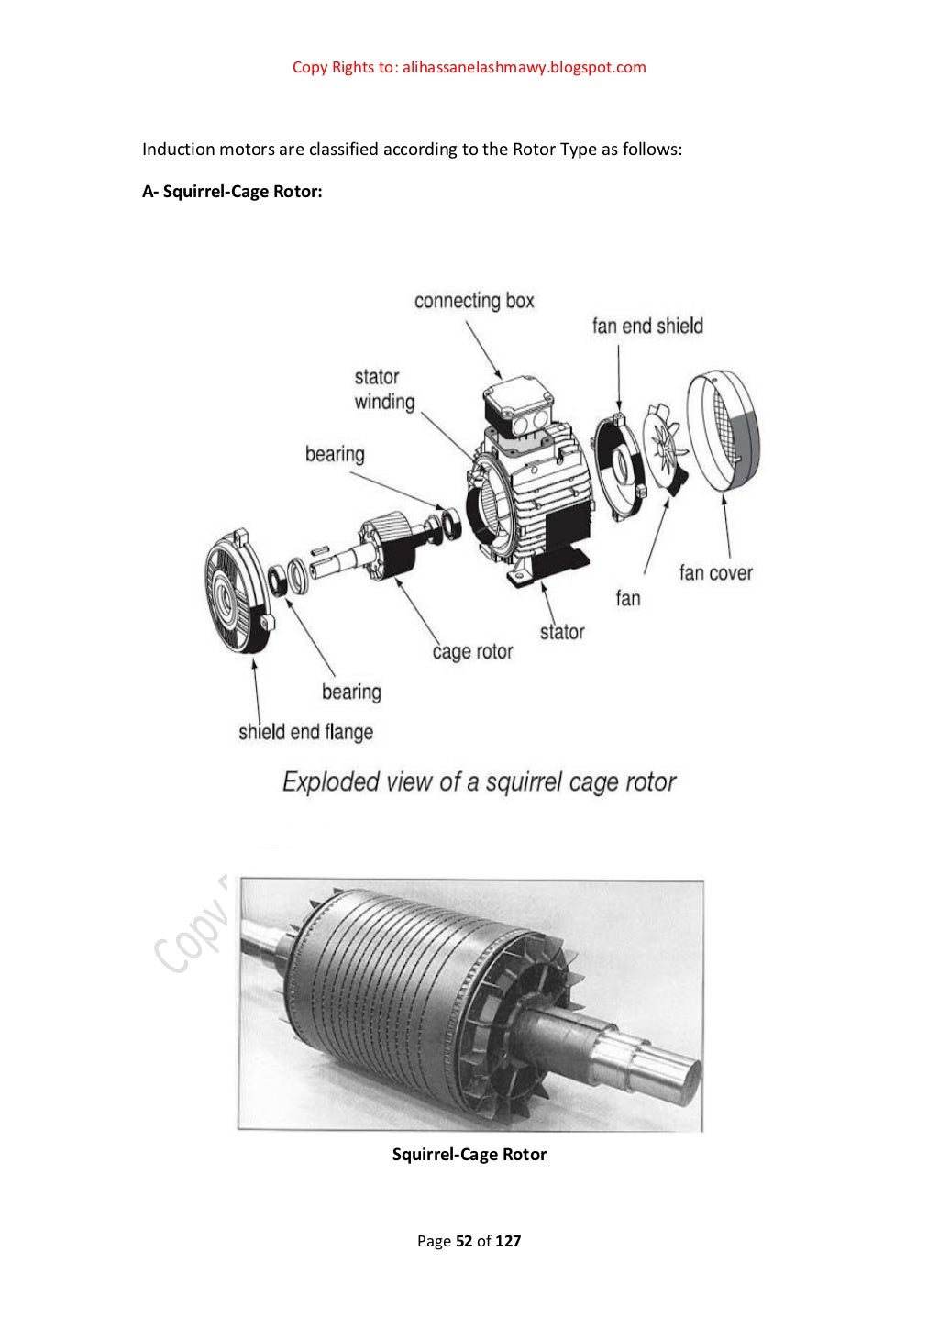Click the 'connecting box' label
473,301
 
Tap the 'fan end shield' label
647,326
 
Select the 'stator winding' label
384,389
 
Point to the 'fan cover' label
715,573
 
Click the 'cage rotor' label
472,652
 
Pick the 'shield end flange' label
305,732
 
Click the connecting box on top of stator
517,408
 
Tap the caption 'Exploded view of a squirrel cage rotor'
479,782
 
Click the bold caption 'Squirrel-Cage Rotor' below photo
469,1155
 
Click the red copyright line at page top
469,67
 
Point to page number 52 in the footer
464,1241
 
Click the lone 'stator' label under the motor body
561,632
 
